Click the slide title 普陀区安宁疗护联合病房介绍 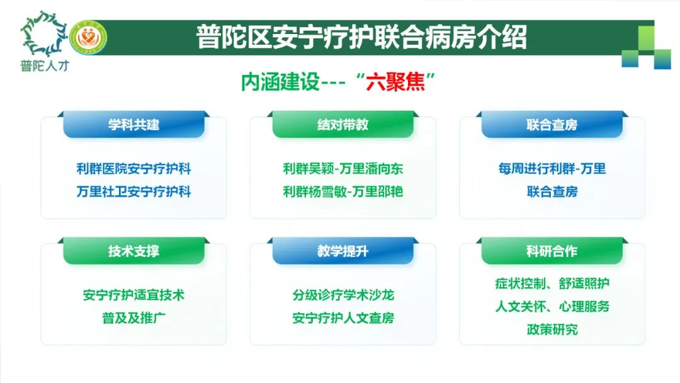point(361,37)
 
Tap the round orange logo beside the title point(88,38)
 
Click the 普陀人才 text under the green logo point(45,66)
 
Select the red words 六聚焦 point(395,81)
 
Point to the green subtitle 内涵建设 point(280,81)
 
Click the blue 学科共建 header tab point(133,125)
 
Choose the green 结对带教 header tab point(343,125)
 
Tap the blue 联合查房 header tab point(552,125)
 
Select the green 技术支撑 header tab point(133,251)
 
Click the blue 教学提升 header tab point(343,251)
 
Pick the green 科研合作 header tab point(552,251)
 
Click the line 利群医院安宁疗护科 point(133,169)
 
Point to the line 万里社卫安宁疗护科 point(133,191)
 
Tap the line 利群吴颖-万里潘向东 point(343,169)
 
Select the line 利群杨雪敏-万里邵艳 point(343,191)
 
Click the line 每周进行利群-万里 point(552,169)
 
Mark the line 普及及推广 point(133,318)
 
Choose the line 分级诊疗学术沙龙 point(343,295)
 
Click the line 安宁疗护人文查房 point(343,318)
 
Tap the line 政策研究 point(552,329)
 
